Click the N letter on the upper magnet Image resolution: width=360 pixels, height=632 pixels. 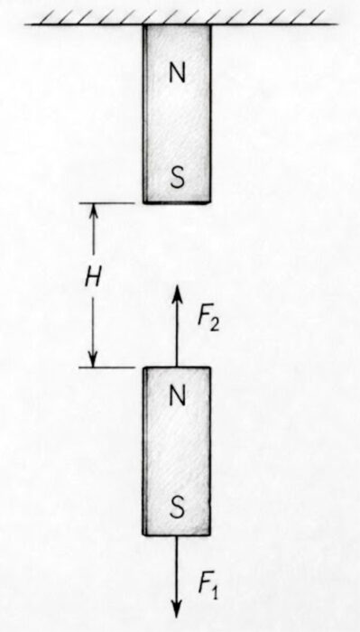[x=177, y=73]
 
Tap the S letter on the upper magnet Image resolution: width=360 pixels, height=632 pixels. [x=177, y=177]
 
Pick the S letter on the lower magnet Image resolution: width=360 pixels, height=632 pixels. [x=177, y=507]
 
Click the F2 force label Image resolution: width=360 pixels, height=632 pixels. [x=208, y=320]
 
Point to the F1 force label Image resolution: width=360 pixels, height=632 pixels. [x=208, y=588]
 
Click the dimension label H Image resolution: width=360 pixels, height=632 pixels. [x=93, y=279]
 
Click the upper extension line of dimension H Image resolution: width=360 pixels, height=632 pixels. [x=106, y=203]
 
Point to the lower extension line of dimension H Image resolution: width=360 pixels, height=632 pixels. [x=106, y=367]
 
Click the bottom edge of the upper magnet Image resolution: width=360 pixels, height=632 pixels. [x=177, y=202]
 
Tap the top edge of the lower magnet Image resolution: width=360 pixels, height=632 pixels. [x=177, y=367]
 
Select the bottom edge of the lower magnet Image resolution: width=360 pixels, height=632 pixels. [x=177, y=534]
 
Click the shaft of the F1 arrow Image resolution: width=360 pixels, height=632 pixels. [x=176, y=568]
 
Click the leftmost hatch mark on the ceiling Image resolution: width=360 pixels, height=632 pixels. [x=49, y=17]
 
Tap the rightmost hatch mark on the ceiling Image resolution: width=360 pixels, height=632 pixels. [x=318, y=17]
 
